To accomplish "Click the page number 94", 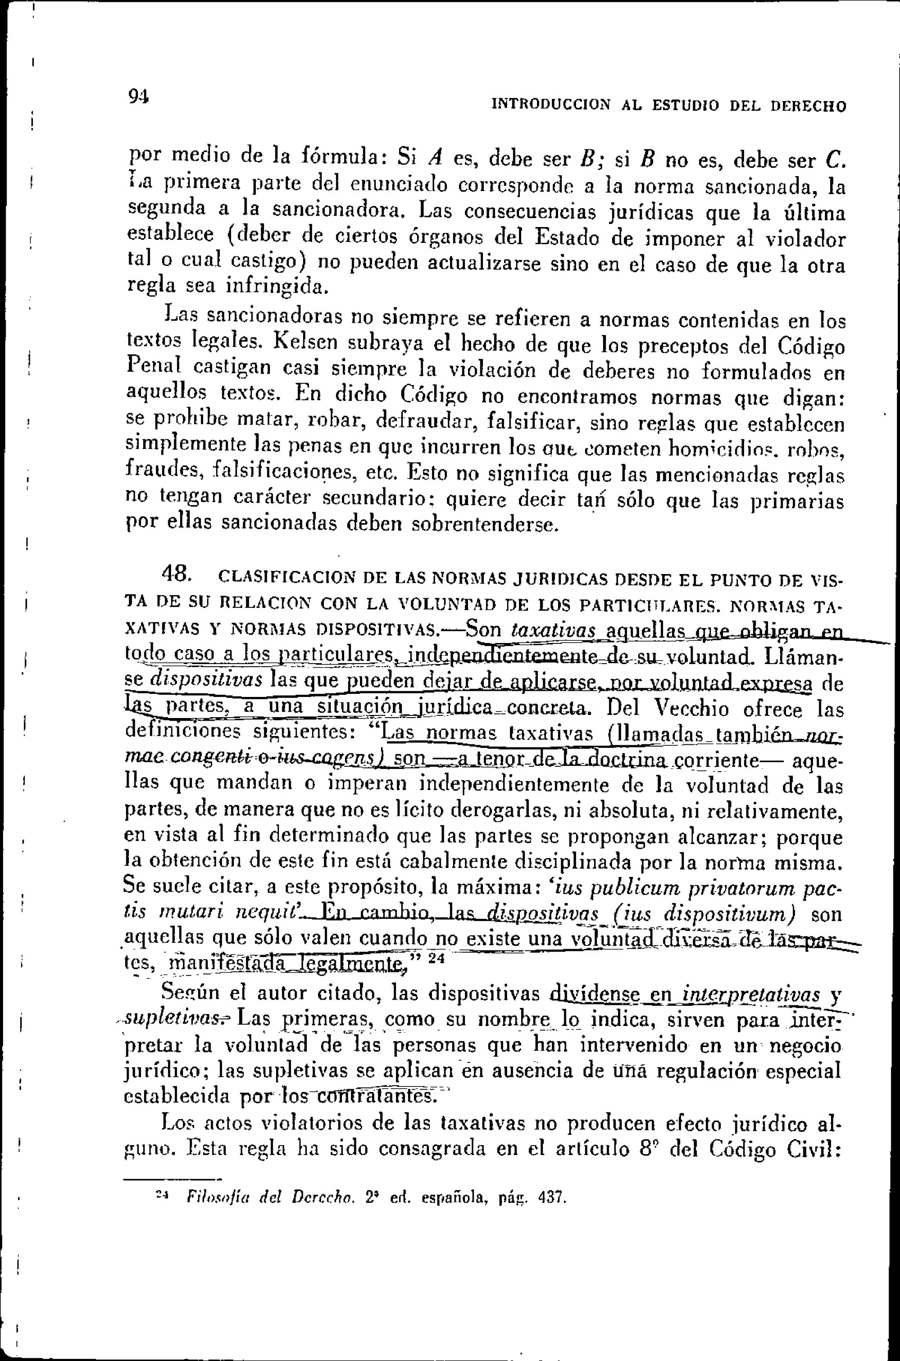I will coord(138,96).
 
